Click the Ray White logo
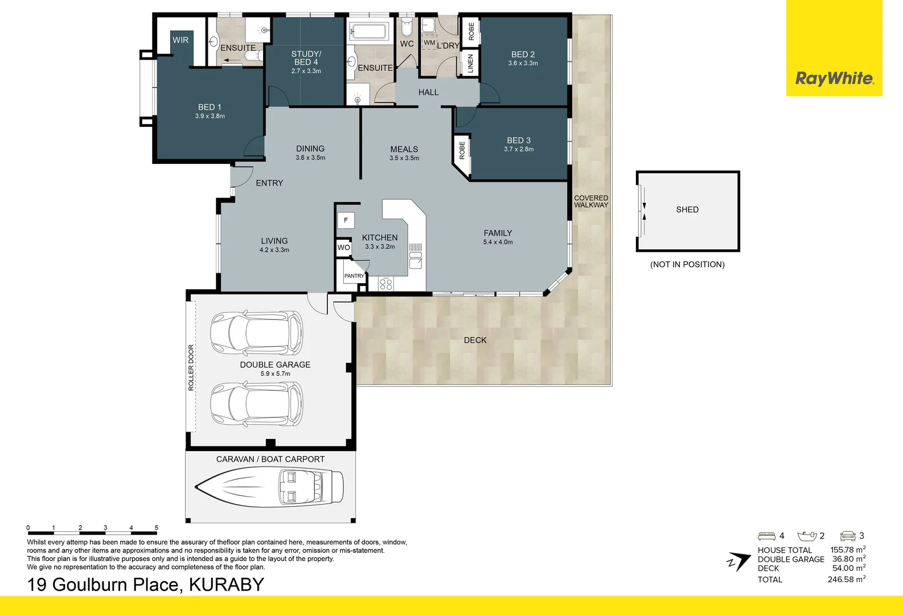(x=834, y=79)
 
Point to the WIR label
(x=180, y=40)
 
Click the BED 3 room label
(x=519, y=140)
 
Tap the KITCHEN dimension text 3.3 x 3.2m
(x=380, y=247)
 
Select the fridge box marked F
(x=346, y=220)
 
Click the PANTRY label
(x=354, y=276)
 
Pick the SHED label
(x=687, y=210)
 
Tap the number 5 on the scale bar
(x=157, y=528)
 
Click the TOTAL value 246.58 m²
(x=846, y=579)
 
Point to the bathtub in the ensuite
(x=368, y=30)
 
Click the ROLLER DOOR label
(x=191, y=367)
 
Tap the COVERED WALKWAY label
(x=591, y=202)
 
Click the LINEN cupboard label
(x=470, y=64)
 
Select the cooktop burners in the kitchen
(x=385, y=283)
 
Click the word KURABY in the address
(x=227, y=585)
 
